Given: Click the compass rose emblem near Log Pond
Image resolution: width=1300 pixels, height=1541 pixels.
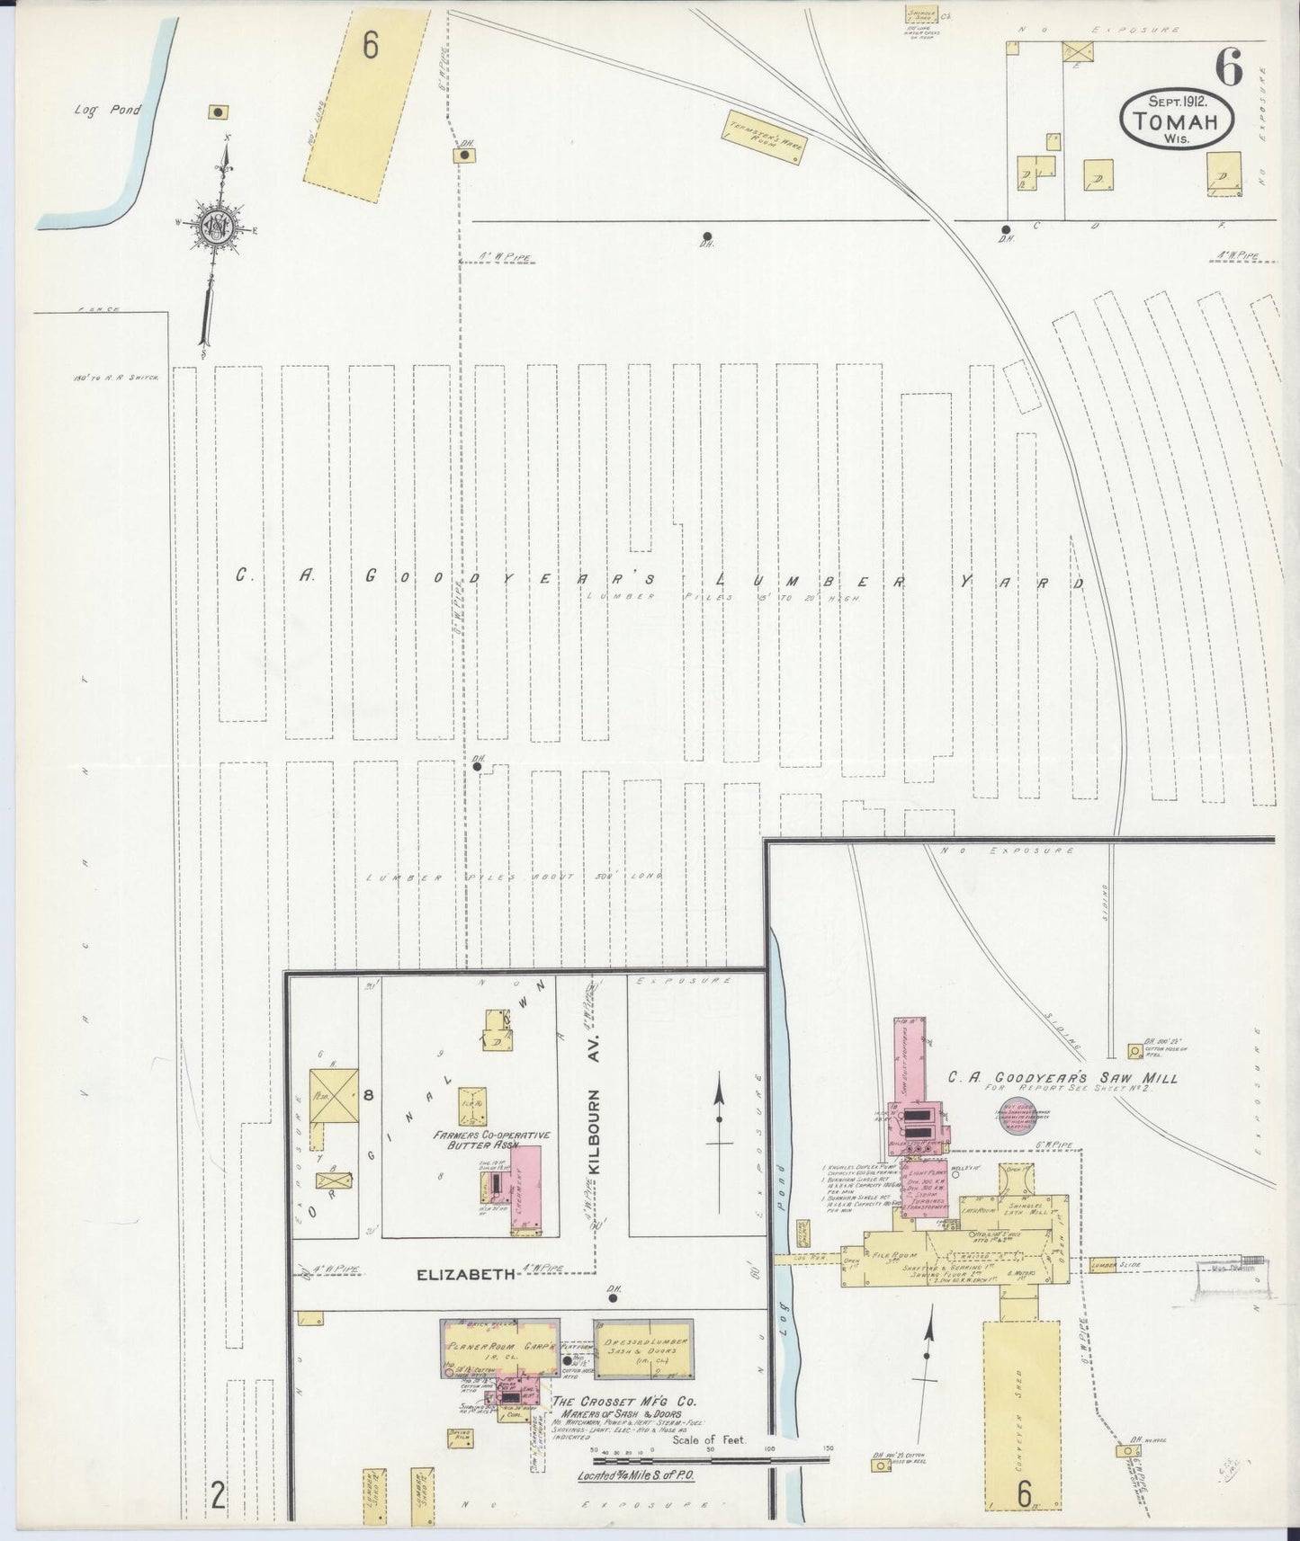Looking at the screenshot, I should pos(219,228).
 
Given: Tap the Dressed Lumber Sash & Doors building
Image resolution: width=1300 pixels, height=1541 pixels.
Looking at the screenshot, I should pos(643,1348).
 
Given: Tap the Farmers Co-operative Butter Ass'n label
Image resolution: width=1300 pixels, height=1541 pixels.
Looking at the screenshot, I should pos(491,1142).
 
